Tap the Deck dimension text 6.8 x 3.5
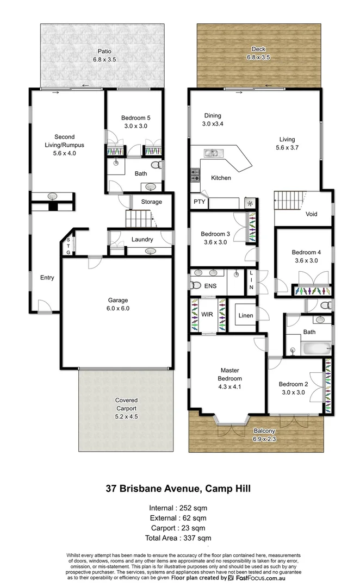(x=258, y=57)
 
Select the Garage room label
(x=117, y=300)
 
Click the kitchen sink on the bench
(x=212, y=153)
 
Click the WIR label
(x=207, y=314)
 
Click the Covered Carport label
(x=126, y=404)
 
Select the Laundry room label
(x=142, y=240)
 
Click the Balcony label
(x=264, y=431)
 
